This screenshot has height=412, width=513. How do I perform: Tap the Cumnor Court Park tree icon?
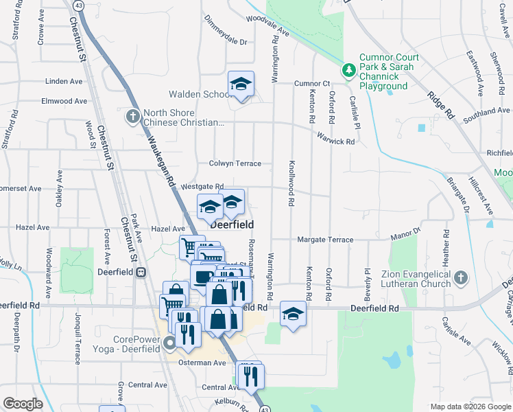point(348,69)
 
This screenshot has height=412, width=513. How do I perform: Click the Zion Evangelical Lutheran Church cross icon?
point(461,278)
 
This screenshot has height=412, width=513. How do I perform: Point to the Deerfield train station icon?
point(141,271)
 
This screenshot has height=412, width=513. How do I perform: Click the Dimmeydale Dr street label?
point(225,41)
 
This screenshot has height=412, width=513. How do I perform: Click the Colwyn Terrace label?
point(235,163)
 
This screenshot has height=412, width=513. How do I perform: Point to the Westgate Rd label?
point(202,186)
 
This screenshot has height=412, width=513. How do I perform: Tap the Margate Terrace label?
point(325,240)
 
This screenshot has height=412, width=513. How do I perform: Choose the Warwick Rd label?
point(335,141)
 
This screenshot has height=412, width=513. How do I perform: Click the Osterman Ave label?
point(202,362)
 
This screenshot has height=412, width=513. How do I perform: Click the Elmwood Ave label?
point(64,101)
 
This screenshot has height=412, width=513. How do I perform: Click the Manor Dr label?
point(405,235)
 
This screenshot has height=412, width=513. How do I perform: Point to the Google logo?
point(23,404)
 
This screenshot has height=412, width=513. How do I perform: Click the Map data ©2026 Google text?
point(470,407)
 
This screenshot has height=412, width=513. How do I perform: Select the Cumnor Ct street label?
point(312,83)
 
